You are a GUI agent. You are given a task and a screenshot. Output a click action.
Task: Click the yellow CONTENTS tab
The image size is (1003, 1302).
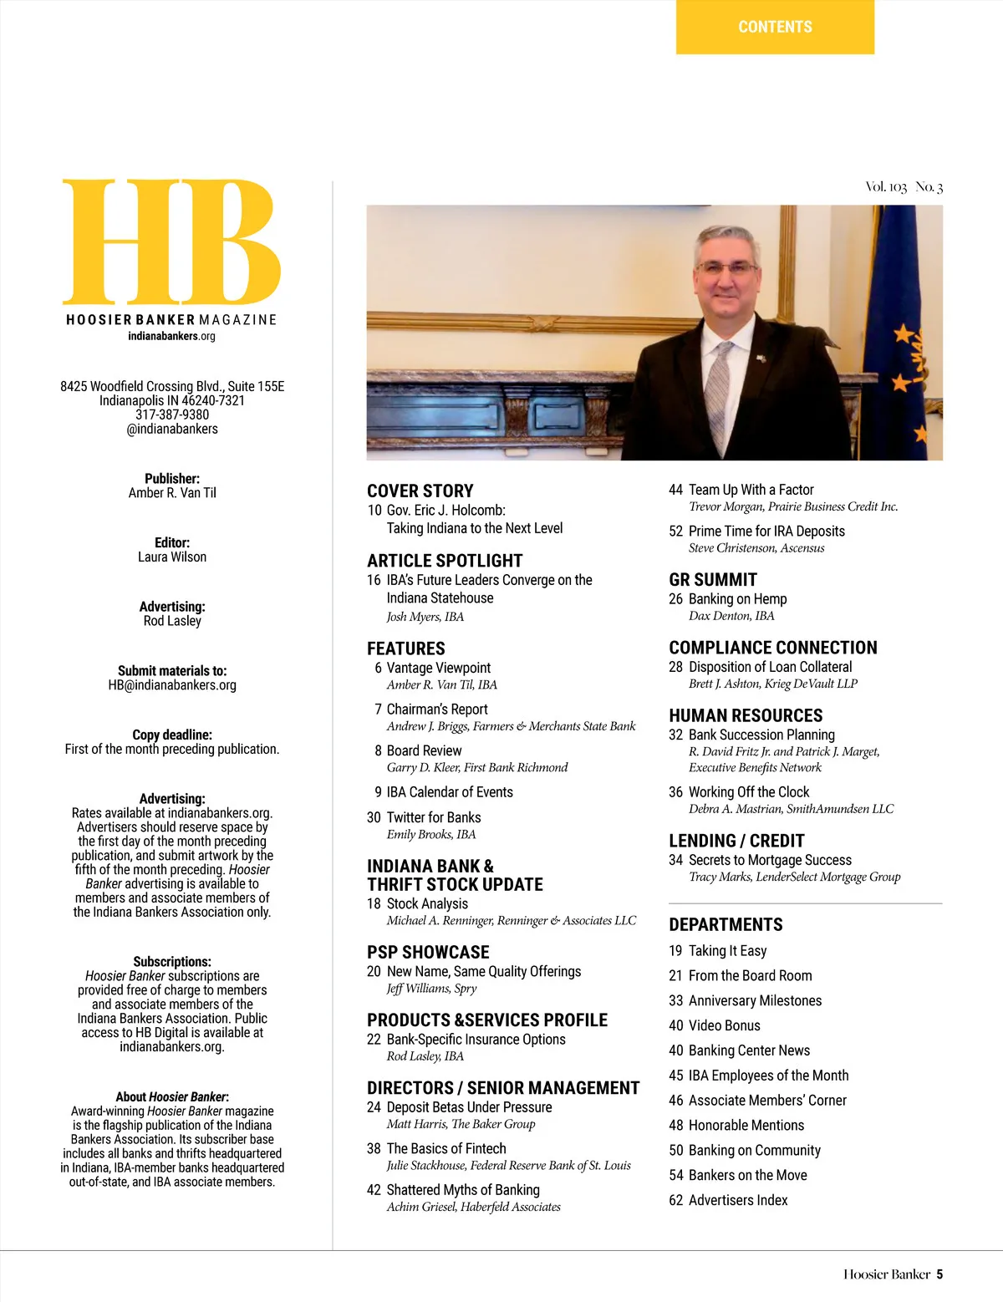[775, 27]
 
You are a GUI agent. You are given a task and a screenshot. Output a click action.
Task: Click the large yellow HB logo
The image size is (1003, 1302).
[171, 242]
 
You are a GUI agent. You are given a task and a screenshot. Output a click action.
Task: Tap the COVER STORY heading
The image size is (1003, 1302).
[420, 491]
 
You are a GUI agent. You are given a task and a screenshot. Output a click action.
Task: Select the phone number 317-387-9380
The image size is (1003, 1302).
[172, 415]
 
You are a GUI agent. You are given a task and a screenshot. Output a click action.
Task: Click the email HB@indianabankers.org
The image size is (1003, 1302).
[172, 685]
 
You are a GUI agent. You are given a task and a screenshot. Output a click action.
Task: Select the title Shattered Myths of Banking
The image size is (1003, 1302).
[463, 1190]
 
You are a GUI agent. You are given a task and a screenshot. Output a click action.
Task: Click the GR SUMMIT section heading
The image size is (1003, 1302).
[713, 580]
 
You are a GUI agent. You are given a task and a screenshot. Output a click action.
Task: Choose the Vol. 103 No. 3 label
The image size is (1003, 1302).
[904, 187]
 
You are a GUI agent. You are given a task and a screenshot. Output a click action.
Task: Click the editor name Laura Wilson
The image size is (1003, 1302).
[172, 557]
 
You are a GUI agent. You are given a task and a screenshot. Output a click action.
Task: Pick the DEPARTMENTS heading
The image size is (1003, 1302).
[726, 925]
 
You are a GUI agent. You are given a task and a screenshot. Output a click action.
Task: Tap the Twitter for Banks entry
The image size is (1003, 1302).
[434, 817]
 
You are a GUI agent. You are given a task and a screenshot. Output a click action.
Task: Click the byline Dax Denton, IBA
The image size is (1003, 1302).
[731, 616]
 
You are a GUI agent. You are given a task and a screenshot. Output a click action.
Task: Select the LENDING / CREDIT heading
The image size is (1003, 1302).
[736, 841]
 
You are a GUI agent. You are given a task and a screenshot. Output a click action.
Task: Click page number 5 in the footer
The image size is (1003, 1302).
[939, 1274]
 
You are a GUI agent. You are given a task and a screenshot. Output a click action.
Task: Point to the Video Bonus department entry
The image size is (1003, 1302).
[724, 1025]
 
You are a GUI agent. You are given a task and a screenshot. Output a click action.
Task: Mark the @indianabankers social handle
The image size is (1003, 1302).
[172, 429]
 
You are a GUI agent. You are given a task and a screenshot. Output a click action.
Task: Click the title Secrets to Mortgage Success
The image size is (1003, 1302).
[770, 860]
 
